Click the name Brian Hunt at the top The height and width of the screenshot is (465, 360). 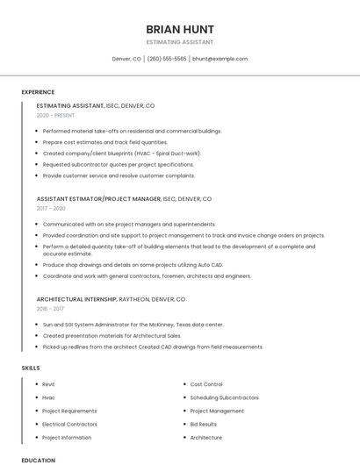tap(180, 29)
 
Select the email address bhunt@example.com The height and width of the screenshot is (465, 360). tap(220, 59)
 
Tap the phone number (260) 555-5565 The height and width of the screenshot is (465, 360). tap(167, 59)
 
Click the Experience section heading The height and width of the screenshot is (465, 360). tap(38, 92)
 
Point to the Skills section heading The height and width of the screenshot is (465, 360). tap(31, 368)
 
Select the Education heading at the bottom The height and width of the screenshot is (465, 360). tap(38, 460)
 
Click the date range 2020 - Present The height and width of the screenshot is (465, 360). tap(55, 115)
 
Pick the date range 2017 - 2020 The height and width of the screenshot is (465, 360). tap(51, 208)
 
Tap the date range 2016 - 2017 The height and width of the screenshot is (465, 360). tap(50, 309)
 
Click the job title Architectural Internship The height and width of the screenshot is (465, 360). tap(75, 299)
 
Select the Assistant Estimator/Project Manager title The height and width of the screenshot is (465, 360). tap(98, 198)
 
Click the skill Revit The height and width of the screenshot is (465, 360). tap(48, 384)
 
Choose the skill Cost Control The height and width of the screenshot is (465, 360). tap(206, 384)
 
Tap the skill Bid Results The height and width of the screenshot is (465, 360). tap(204, 424)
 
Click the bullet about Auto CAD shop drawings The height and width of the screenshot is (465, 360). tap(133, 264)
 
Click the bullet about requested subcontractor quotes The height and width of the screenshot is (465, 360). tap(118, 164)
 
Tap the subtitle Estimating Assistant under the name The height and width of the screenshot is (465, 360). tap(180, 42)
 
